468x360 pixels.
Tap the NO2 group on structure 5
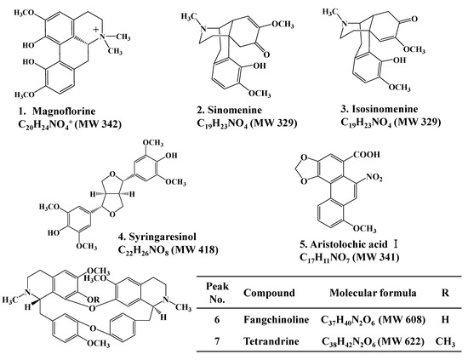(x=408, y=176)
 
